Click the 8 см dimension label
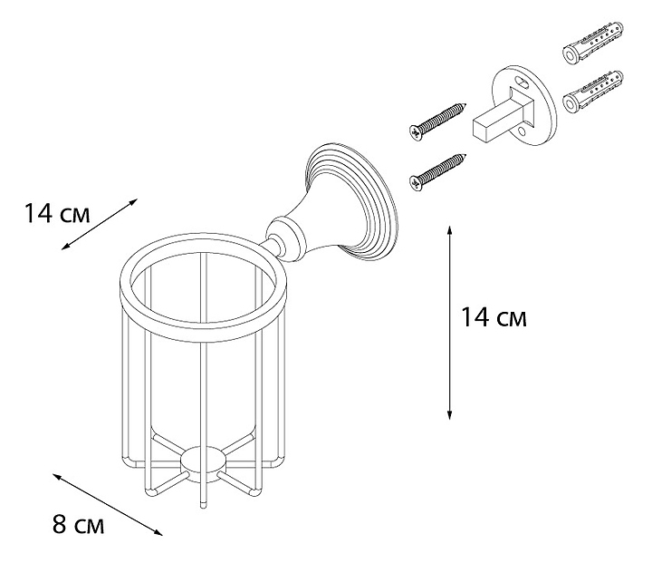click(78, 525)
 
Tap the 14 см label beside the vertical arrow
click(494, 317)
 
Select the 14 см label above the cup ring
click(57, 214)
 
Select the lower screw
click(438, 171)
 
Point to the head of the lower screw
click(416, 183)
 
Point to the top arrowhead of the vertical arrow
click(449, 230)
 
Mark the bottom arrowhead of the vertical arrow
click(449, 414)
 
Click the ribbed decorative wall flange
click(351, 202)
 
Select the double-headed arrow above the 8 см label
click(107, 504)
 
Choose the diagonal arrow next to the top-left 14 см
click(100, 224)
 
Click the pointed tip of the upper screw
click(465, 104)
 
